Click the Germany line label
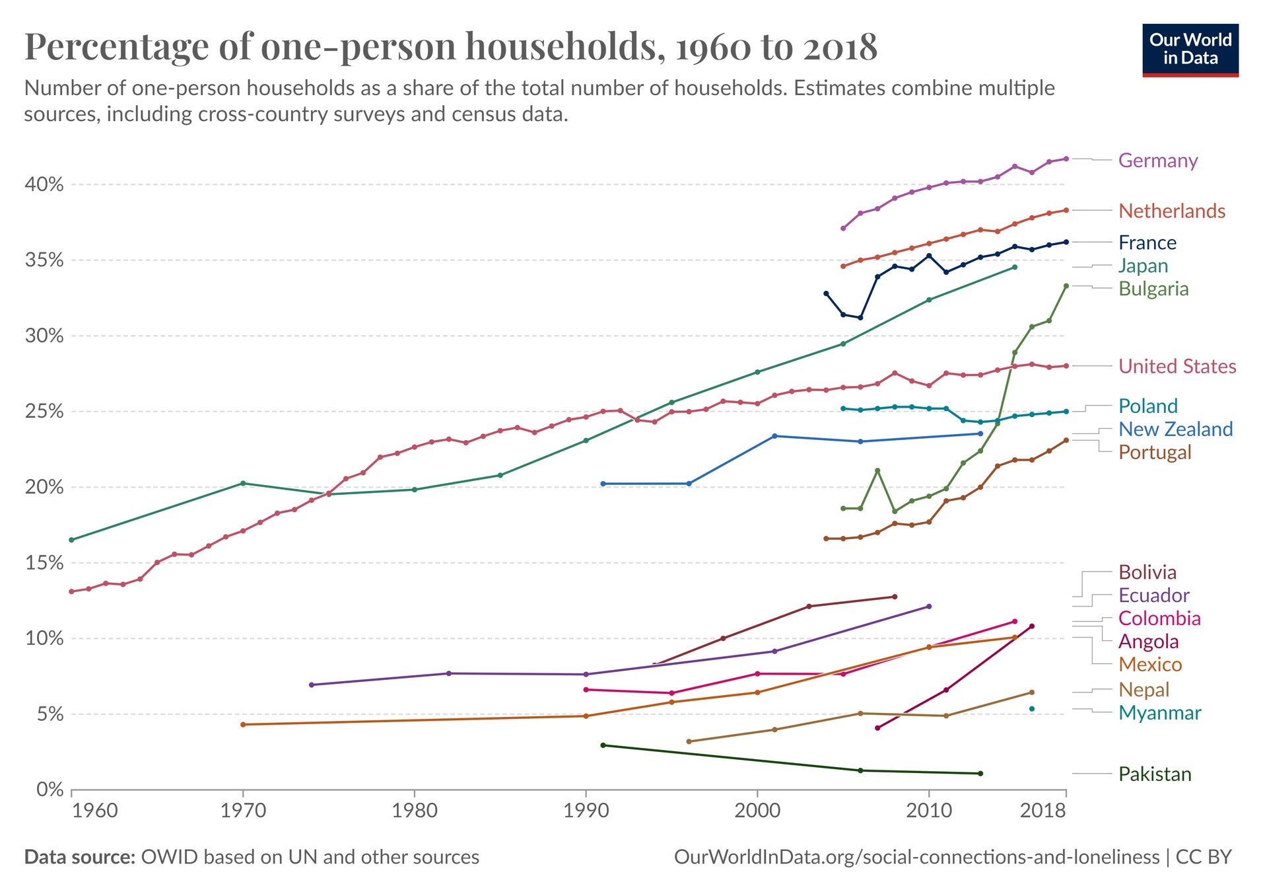coord(1157,161)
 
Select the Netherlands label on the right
coord(1171,211)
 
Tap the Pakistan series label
coord(1154,774)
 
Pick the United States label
coord(1177,366)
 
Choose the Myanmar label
coord(1159,713)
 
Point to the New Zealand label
coord(1175,429)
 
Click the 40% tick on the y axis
coord(44,184)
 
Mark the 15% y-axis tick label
coord(44,563)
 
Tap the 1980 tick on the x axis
coord(415,811)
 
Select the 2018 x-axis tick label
coord(1042,811)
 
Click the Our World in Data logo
coord(1190,50)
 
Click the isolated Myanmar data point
coord(1032,709)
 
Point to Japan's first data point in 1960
coord(72,540)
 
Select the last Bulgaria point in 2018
coord(1066,286)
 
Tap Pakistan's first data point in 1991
coord(603,745)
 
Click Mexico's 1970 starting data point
coord(243,725)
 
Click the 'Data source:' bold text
coord(79,857)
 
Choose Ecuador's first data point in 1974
coord(312,685)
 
